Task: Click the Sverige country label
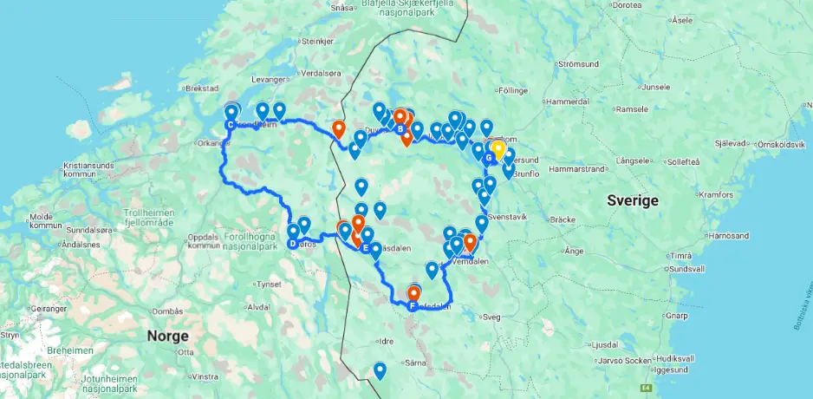click(x=634, y=199)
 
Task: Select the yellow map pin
click(x=498, y=149)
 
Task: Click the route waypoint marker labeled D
click(x=292, y=244)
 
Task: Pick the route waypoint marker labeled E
click(x=365, y=248)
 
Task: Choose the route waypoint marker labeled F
click(x=412, y=304)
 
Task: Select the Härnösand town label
click(x=705, y=235)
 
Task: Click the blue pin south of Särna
click(x=380, y=370)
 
